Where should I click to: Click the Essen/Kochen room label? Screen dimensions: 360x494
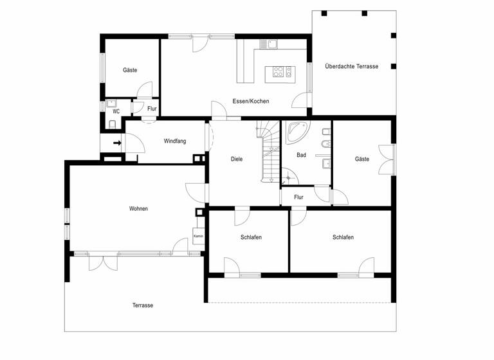pyautogui.click(x=251, y=101)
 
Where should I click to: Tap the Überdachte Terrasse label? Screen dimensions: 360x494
pyautogui.click(x=351, y=66)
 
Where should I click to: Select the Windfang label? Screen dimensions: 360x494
pyautogui.click(x=175, y=141)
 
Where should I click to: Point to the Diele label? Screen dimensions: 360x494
pyautogui.click(x=237, y=159)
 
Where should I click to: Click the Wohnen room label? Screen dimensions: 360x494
pyautogui.click(x=138, y=208)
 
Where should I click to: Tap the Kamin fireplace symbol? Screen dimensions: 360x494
pyautogui.click(x=198, y=236)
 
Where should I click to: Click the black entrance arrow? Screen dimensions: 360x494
pyautogui.click(x=118, y=143)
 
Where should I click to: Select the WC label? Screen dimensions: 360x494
pyautogui.click(x=116, y=111)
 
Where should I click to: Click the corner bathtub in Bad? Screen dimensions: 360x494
pyautogui.click(x=297, y=132)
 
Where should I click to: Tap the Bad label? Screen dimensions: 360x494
pyautogui.click(x=301, y=155)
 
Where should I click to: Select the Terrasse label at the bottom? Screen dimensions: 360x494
pyautogui.click(x=143, y=305)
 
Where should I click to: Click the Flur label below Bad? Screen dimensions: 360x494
pyautogui.click(x=298, y=197)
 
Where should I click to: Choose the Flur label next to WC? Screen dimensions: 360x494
pyautogui.click(x=152, y=109)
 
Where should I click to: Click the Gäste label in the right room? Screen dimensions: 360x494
pyautogui.click(x=362, y=159)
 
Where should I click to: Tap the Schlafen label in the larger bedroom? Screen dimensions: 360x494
pyautogui.click(x=343, y=237)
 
